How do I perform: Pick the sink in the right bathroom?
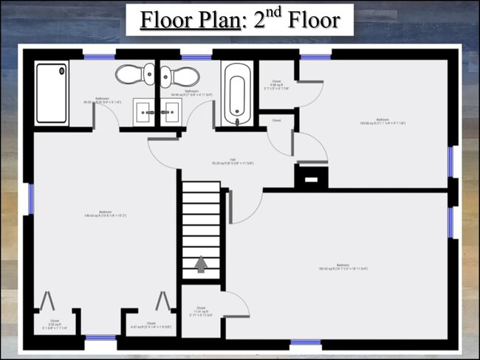pos(171,113)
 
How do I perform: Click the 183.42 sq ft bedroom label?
pos(342,267)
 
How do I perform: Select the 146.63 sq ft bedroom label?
pos(106,215)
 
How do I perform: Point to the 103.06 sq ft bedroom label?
pos(382,122)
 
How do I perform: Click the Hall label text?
pos(232,161)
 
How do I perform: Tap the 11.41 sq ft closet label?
pos(200,314)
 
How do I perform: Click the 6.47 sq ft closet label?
pos(151,325)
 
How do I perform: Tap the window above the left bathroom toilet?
pos(98,55)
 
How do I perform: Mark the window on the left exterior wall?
pos(31,199)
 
